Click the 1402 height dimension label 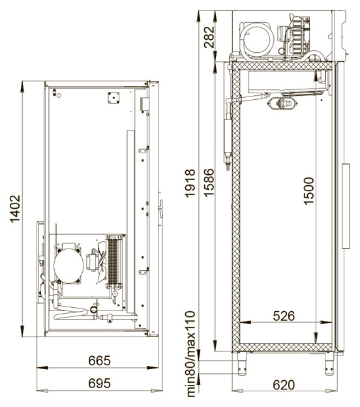click(x=15, y=209)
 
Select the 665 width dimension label click(x=99, y=361)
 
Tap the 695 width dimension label click(x=99, y=383)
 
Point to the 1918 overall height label click(x=190, y=183)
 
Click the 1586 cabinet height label click(x=209, y=183)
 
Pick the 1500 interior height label click(x=308, y=191)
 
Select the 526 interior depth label click(x=284, y=316)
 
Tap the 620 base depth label click(x=284, y=385)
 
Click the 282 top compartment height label click(x=209, y=37)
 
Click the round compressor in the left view click(x=68, y=266)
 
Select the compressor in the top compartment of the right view click(x=256, y=40)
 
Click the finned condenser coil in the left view click(x=113, y=262)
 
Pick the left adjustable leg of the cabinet click(x=242, y=363)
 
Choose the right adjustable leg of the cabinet click(x=329, y=363)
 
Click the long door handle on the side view click(x=346, y=206)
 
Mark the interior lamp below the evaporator click(x=282, y=103)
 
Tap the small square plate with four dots click(x=113, y=98)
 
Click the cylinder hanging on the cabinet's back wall click(x=228, y=140)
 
